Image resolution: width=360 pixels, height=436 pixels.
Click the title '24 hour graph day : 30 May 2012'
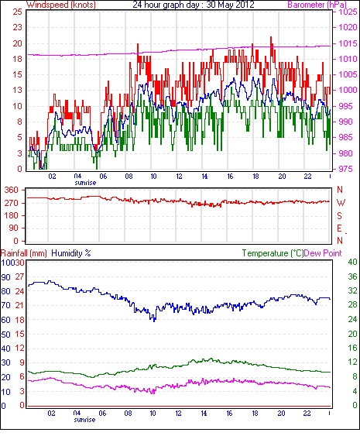coord(194,5)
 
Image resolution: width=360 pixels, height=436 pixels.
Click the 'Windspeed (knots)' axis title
coord(61,5)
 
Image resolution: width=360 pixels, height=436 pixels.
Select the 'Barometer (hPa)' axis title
coord(317,5)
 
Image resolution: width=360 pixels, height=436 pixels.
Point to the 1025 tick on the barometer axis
coord(348,12)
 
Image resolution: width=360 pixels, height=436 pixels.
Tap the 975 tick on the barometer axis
coord(346,169)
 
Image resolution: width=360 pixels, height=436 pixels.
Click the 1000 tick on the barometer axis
coord(348,90)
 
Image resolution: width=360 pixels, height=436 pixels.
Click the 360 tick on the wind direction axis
coord(11,191)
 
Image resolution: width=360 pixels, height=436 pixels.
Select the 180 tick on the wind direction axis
coord(11,215)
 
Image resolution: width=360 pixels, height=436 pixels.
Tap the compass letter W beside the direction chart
coord(341,203)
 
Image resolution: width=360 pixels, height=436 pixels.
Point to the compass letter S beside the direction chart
coord(339,215)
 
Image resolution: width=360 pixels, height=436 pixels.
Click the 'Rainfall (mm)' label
coord(24,253)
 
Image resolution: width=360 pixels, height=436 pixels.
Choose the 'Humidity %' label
coord(71,253)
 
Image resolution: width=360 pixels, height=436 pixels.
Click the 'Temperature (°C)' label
coord(273,253)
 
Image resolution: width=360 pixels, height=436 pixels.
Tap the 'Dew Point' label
coord(323,253)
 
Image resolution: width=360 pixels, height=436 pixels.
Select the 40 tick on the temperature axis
coord(353,262)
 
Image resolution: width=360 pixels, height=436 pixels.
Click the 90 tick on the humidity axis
coord(6,277)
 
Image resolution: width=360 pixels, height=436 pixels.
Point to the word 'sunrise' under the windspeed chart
coord(85,183)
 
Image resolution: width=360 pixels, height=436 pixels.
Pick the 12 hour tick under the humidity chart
coord(178,414)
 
